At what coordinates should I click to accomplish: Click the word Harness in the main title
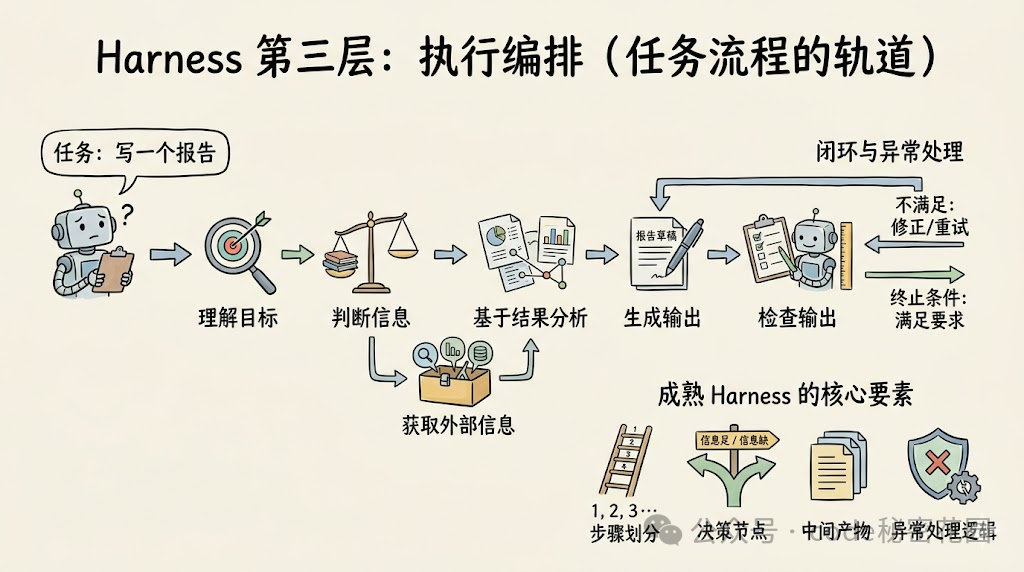168,57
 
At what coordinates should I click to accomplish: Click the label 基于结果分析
530,318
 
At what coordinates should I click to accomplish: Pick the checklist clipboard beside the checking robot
767,251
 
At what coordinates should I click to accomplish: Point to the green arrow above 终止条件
913,272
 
